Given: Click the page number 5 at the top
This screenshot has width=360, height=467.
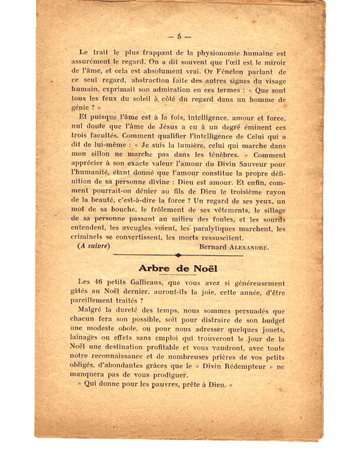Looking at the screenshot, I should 179,36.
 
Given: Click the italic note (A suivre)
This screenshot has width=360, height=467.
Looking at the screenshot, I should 94,247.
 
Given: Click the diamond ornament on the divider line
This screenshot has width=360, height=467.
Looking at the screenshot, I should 178,255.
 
